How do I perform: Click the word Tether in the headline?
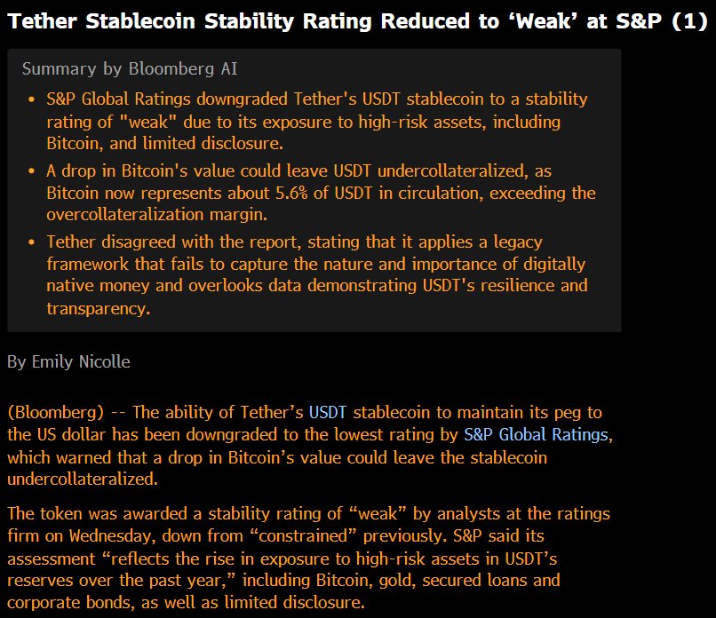[39, 22]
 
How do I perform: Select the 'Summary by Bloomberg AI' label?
[130, 68]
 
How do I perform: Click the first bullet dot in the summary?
[32, 99]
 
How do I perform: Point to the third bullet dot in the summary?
[32, 242]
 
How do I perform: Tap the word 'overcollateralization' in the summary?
[133, 215]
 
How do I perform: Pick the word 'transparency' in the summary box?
[98, 308]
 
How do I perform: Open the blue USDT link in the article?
[328, 413]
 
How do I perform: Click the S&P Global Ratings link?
[537, 435]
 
